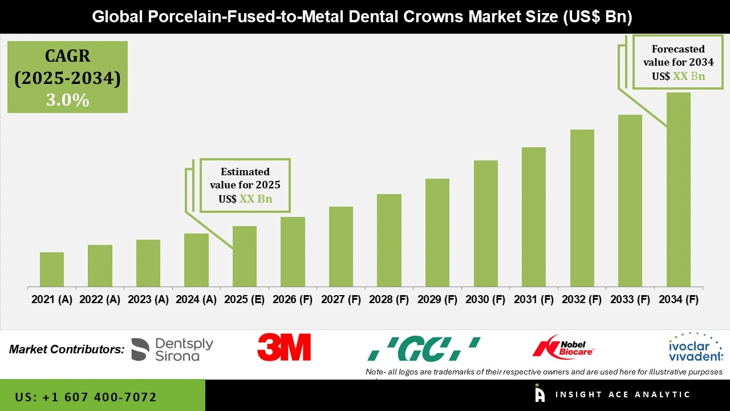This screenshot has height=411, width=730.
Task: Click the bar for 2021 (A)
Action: pos(52,269)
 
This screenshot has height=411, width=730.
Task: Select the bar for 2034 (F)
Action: pos(678,190)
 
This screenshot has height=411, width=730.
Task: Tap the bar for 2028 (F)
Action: pos(389,240)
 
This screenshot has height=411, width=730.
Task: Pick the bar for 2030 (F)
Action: pos(485,223)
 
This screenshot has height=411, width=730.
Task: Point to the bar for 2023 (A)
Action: pos(148,263)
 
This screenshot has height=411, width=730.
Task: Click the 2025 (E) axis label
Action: pos(244,300)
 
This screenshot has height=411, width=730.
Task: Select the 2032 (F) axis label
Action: pos(582,300)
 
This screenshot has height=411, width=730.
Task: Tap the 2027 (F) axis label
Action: pos(340,300)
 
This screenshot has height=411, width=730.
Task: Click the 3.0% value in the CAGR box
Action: pos(67,100)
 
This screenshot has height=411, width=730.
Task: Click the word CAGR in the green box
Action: pos(67,57)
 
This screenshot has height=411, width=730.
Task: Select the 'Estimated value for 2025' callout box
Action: pos(245,186)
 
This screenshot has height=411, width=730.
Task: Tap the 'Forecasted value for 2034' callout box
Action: pos(674,63)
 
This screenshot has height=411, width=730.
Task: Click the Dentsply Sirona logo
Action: pos(172,349)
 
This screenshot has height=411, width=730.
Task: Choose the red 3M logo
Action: pos(284,348)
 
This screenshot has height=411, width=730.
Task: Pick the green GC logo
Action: pos(423,349)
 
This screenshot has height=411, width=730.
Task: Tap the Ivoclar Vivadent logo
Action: pos(695,348)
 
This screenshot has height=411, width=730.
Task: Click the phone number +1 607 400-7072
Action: pos(86,397)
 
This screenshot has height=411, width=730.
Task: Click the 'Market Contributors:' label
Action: pos(67,349)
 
